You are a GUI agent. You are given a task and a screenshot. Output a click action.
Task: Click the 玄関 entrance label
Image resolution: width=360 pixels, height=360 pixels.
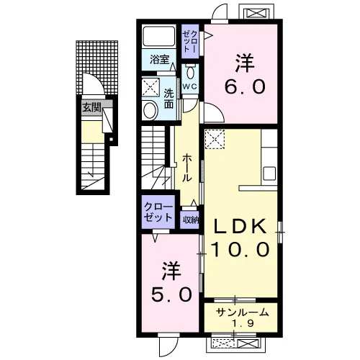91,108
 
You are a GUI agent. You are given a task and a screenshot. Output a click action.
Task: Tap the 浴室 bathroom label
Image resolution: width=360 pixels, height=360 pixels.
160,59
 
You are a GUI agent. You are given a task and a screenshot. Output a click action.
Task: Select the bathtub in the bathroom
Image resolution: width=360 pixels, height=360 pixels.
159,36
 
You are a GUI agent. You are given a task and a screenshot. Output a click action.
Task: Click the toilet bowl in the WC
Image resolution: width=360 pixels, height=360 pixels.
191,73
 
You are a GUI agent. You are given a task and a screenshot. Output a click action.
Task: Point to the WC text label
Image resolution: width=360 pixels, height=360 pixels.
190,86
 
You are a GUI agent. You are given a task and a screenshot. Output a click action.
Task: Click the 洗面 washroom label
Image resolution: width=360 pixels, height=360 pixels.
168,99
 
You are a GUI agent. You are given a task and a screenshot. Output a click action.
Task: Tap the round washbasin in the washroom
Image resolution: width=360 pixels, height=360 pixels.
150,110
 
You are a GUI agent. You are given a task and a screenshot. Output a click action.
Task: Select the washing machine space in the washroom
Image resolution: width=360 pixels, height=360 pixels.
150,87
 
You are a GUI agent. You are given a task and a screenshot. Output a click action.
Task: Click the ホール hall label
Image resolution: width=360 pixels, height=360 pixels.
187,168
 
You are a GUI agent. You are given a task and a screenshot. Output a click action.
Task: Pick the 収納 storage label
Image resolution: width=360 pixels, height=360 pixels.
190,220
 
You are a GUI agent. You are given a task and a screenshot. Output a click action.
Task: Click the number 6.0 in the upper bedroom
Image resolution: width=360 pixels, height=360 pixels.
245,86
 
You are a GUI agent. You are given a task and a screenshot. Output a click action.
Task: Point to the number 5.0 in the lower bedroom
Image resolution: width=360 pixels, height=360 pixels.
171,294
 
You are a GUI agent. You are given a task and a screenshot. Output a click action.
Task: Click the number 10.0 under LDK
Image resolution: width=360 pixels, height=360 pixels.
240,249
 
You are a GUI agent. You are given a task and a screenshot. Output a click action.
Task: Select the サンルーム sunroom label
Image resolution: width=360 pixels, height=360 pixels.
242,312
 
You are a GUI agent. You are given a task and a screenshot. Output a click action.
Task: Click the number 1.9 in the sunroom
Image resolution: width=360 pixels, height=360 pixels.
242,324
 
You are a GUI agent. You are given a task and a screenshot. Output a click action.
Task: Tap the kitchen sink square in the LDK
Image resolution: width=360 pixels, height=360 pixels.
269,174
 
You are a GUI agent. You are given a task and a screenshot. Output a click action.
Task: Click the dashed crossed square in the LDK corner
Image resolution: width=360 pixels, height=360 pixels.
215,139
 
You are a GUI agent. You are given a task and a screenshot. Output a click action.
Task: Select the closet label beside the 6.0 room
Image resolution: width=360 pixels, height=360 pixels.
190,42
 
